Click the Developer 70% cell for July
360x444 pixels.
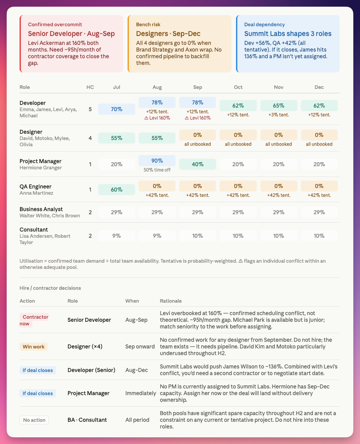tap(116, 109)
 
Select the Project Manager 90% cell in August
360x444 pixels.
tap(157, 160)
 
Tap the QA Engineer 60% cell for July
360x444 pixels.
tap(116, 189)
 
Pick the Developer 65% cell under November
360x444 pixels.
tap(279, 106)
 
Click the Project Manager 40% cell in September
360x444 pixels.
tap(197, 164)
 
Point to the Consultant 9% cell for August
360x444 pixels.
tap(157, 236)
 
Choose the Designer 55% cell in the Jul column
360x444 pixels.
tap(116, 138)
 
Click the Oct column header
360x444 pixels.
tap(238, 87)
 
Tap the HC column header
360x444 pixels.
tap(90, 87)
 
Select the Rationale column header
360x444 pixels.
tap(171, 301)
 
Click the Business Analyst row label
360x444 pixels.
tap(41, 209)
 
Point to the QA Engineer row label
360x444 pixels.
tap(36, 186)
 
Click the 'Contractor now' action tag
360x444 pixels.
tap(34, 320)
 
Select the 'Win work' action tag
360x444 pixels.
tap(33, 347)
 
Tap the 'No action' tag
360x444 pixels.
tap(34, 420)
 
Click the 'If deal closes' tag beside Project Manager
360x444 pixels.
tap(38, 393)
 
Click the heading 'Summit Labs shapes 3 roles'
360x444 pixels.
tap(288, 34)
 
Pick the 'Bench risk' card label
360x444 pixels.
tap(148, 24)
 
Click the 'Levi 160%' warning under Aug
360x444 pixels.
tap(157, 118)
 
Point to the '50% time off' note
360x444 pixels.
tap(157, 170)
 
